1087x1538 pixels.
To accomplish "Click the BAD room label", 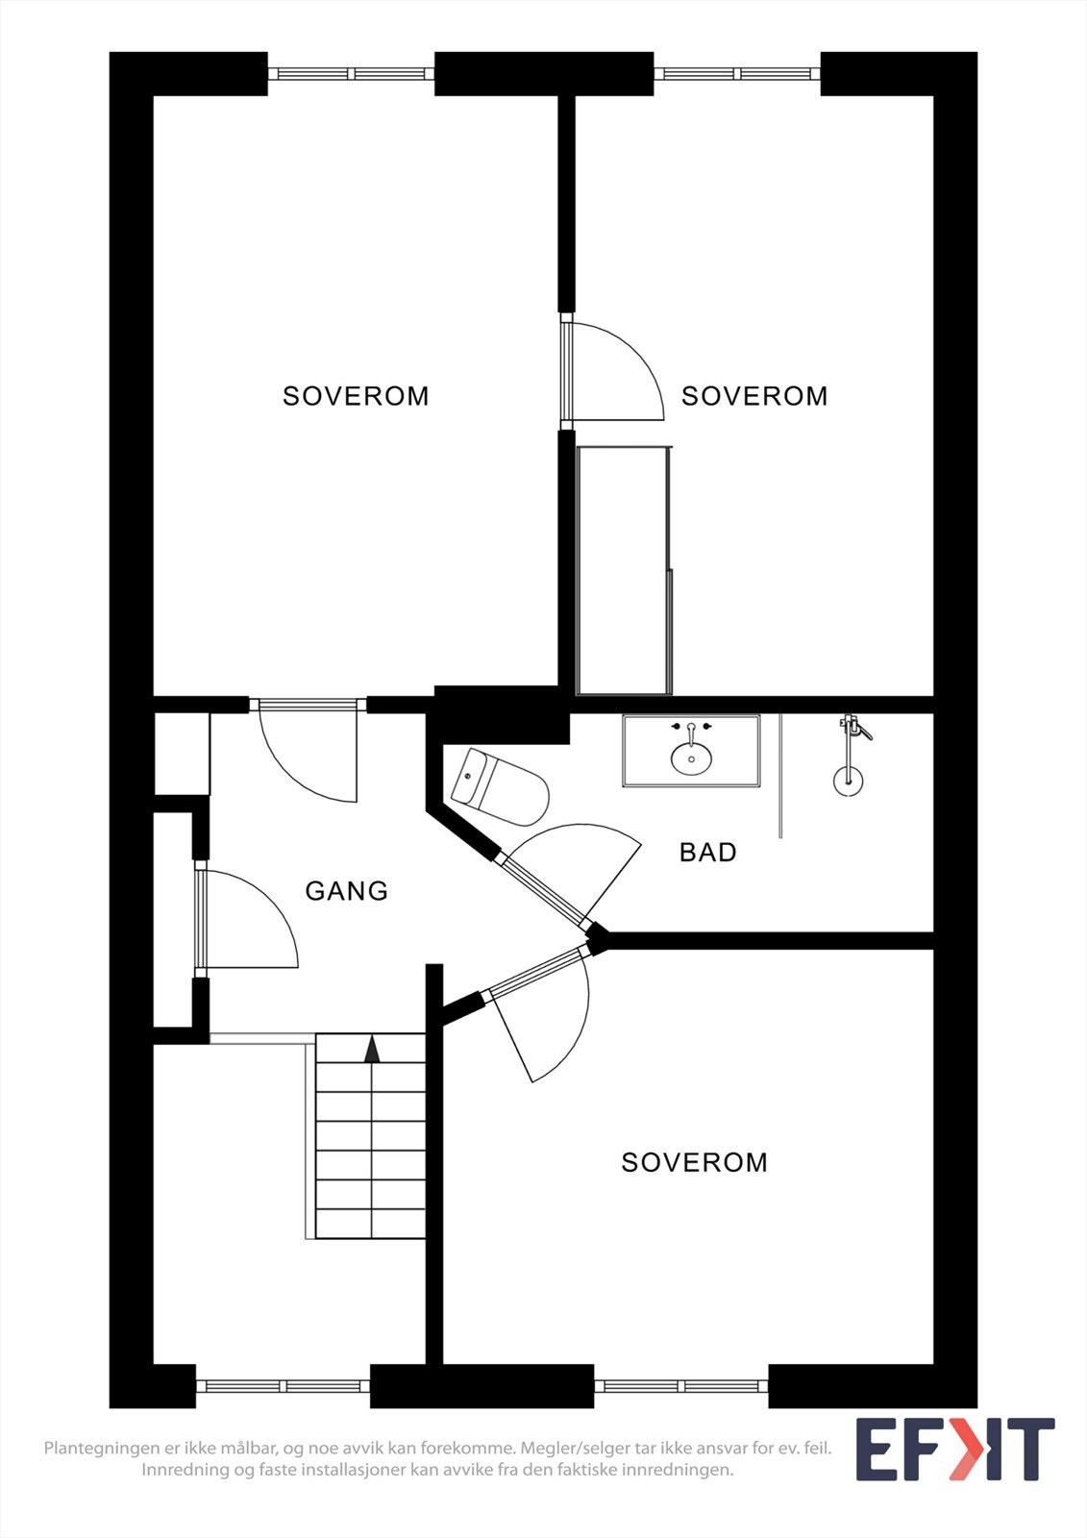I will tap(707, 853).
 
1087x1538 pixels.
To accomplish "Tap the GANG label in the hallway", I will tap(346, 891).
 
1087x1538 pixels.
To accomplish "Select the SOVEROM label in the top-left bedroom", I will tap(356, 396).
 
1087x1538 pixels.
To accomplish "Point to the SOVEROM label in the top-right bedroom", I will tap(754, 396).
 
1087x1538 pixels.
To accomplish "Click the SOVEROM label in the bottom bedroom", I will tap(694, 1163).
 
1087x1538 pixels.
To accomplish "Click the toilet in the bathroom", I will tap(500, 788).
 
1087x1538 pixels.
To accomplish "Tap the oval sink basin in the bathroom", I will tap(691, 758).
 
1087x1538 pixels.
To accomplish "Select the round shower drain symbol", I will tap(848, 781).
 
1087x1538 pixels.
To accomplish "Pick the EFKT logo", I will tap(954, 1450).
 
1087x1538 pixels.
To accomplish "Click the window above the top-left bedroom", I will tap(351, 73).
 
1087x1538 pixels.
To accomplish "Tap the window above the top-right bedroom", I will tap(737, 73).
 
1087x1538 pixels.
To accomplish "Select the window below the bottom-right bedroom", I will tap(681, 1386).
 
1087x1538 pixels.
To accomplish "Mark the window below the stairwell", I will tap(284, 1386).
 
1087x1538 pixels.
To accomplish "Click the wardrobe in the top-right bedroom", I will tap(624, 569).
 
